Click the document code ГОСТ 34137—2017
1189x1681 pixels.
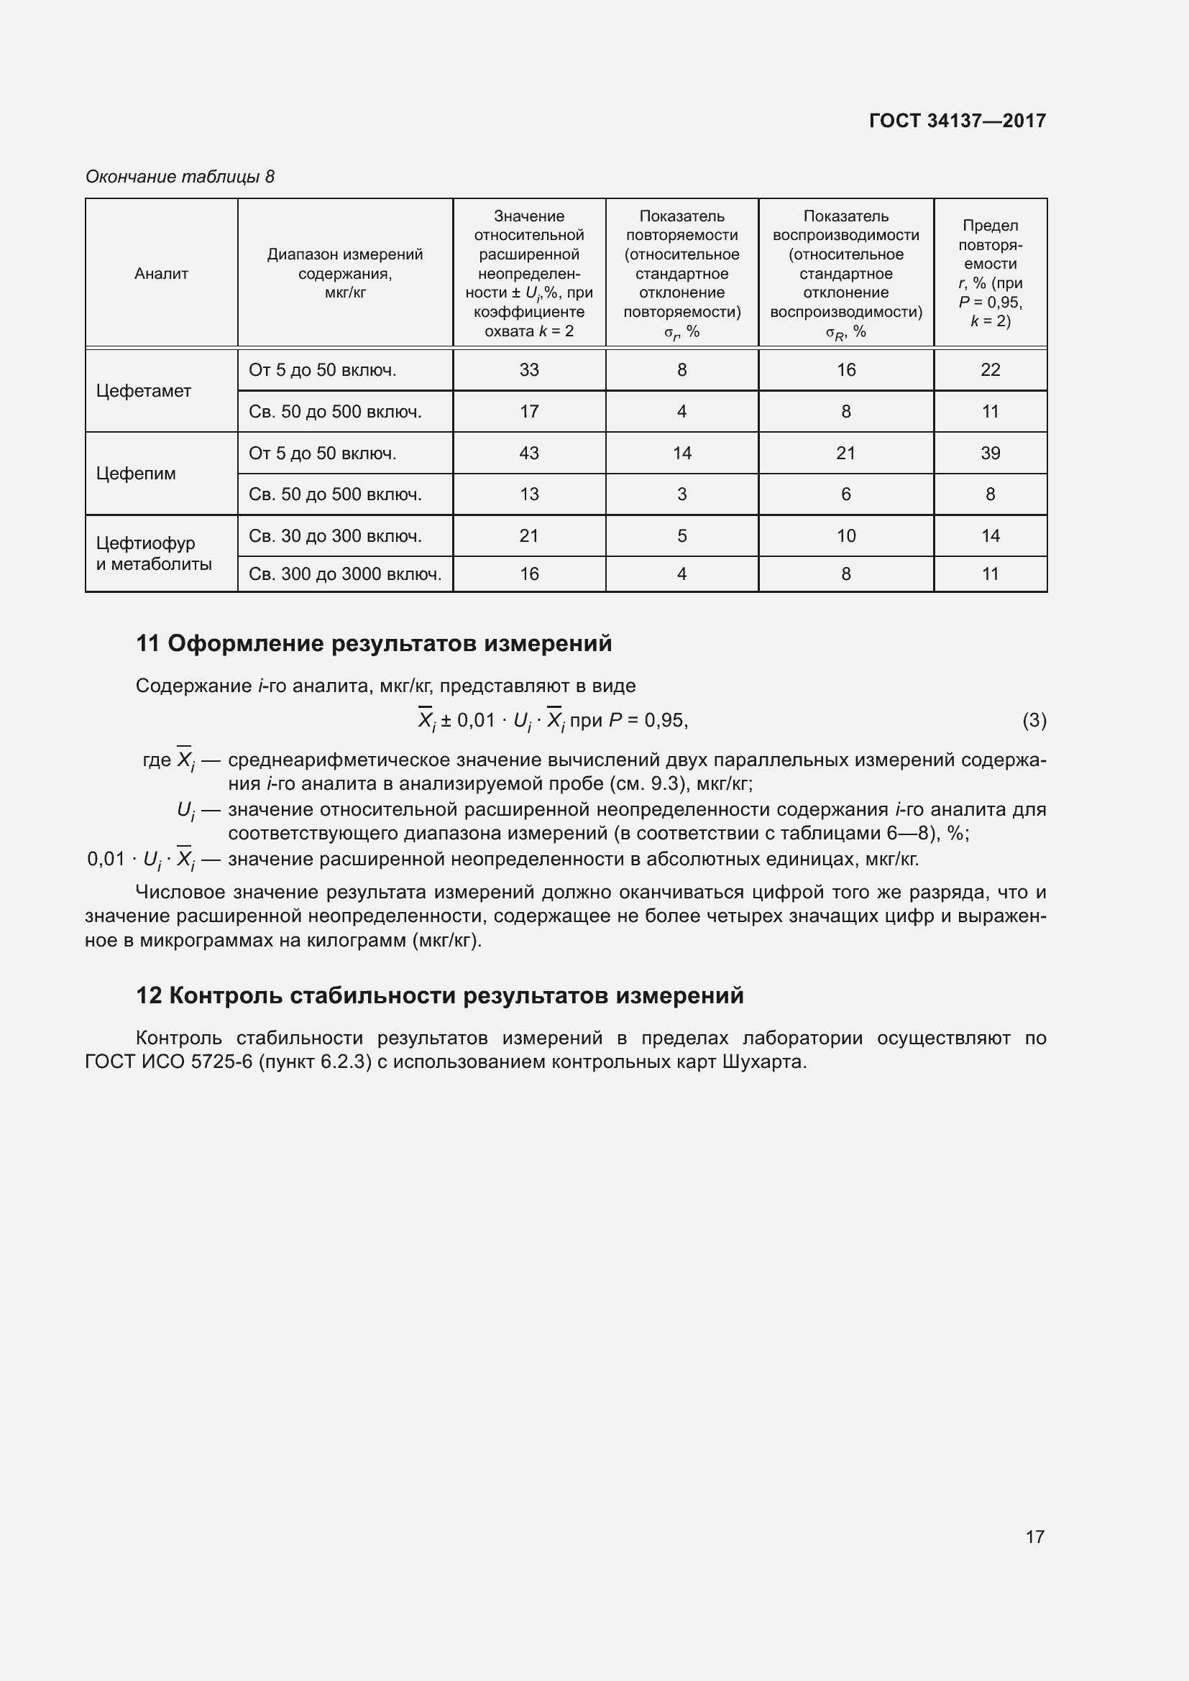[x=957, y=121]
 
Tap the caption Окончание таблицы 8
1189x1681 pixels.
[x=180, y=177]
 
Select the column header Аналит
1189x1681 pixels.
[x=161, y=274]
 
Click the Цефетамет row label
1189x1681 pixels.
[x=144, y=391]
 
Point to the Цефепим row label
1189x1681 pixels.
[x=136, y=474]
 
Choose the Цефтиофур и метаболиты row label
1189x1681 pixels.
[x=154, y=553]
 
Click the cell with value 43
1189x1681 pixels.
[x=528, y=453]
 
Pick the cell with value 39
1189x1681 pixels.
[x=990, y=453]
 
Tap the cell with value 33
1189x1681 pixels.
[x=528, y=370]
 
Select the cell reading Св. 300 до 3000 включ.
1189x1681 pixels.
[x=345, y=575]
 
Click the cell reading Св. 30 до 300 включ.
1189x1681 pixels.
[x=335, y=537]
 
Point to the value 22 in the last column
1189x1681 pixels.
[x=990, y=370]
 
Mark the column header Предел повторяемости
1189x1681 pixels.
[x=990, y=273]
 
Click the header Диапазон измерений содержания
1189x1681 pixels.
[x=345, y=273]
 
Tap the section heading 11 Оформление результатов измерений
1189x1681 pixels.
[x=373, y=643]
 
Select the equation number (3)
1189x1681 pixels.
[x=1034, y=721]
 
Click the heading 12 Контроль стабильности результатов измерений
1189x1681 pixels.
[x=439, y=995]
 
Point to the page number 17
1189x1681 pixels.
[x=1034, y=1537]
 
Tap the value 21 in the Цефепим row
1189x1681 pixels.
[x=845, y=453]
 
